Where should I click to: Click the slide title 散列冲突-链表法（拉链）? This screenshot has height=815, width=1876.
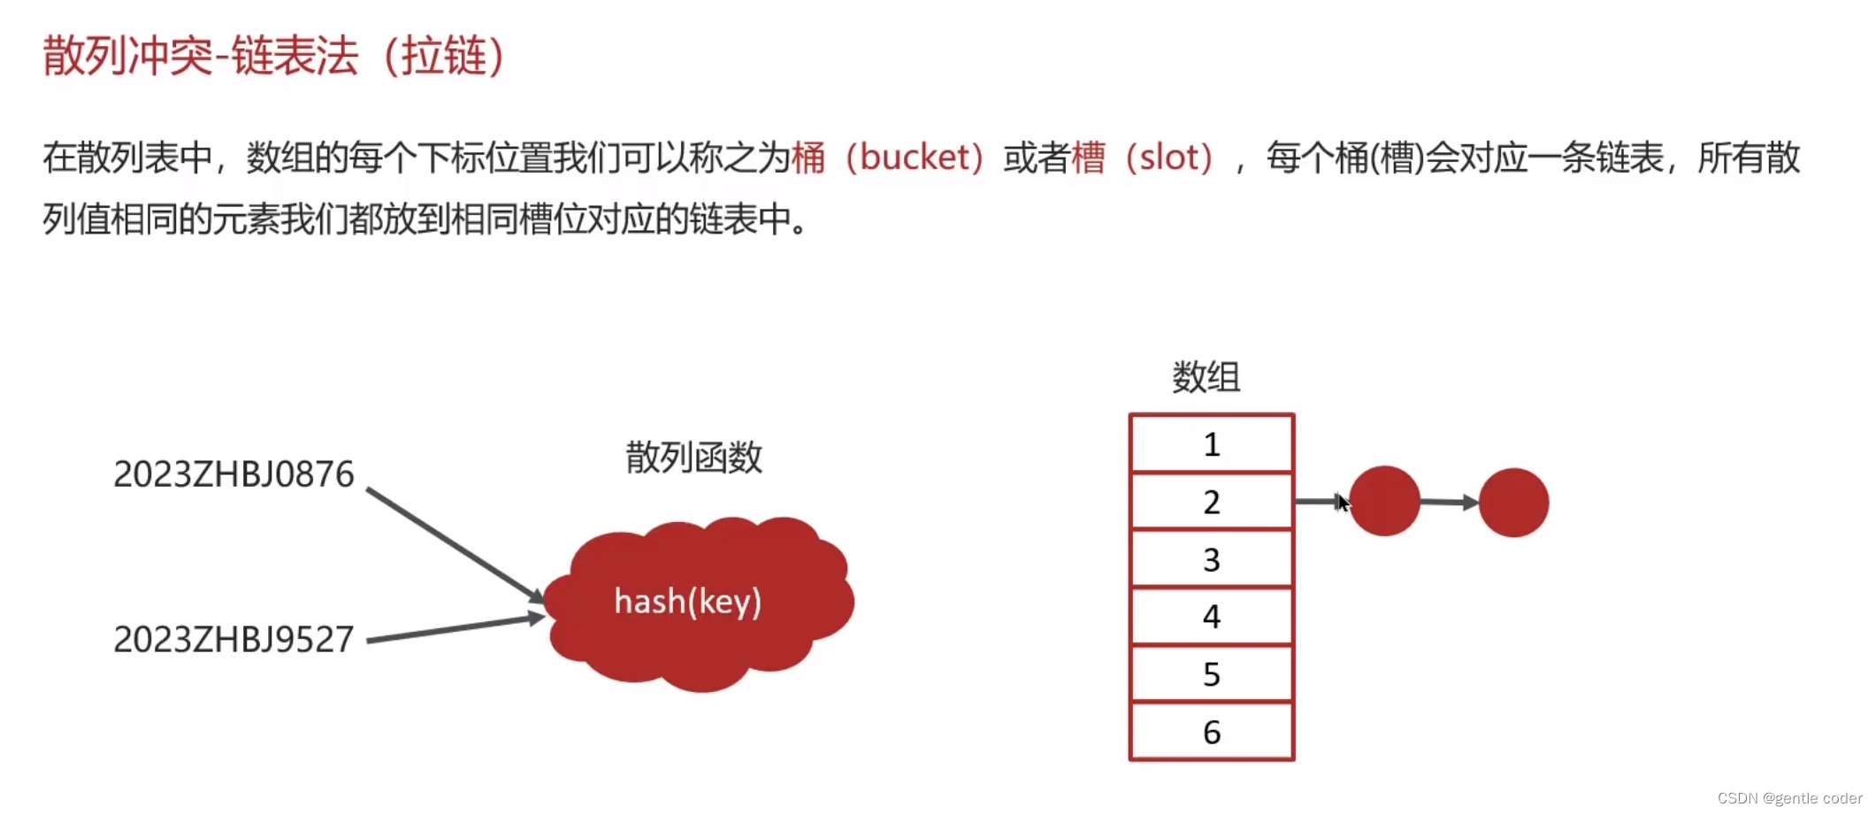[273, 57]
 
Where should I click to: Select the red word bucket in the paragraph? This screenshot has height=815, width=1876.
[914, 158]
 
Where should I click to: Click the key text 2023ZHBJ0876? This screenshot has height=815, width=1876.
[234, 474]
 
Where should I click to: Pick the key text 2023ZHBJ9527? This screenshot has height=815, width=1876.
[234, 639]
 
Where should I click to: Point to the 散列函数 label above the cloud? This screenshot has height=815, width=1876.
[693, 457]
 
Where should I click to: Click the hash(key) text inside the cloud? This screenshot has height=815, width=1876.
[687, 602]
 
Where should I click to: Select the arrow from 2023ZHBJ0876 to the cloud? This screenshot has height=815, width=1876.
[453, 542]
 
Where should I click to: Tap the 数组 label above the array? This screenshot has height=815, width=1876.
[1206, 378]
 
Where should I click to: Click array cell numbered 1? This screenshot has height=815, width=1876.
[1211, 444]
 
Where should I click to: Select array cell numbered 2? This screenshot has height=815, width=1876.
[1211, 502]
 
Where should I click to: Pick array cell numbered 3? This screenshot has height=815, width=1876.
[1211, 559]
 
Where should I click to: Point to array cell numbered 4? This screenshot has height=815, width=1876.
[1211, 616]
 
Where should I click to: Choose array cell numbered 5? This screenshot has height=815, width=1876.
[1211, 674]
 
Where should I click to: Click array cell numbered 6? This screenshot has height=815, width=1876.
[1211, 732]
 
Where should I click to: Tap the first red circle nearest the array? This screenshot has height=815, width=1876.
[1384, 501]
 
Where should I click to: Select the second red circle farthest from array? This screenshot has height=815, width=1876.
[1513, 503]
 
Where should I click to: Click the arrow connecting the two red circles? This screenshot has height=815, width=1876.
[1449, 502]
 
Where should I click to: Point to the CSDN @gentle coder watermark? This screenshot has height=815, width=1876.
[1789, 798]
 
